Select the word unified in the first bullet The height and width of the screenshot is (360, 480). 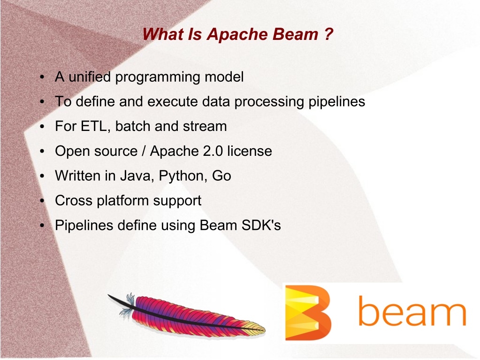[x=90, y=77]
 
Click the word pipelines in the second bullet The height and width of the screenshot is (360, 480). [x=336, y=102]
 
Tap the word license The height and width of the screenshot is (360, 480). [x=250, y=151]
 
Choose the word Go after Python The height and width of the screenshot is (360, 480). [x=221, y=176]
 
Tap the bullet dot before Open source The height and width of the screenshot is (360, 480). [x=42, y=151]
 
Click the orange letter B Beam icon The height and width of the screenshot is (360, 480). [x=308, y=313]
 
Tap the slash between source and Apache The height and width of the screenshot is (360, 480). [x=144, y=151]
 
